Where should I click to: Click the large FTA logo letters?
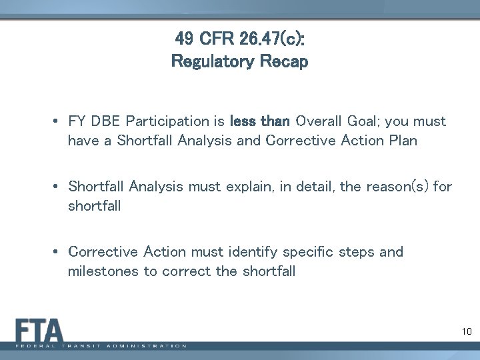pyautogui.click(x=40, y=331)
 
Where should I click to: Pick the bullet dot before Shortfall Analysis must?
pyautogui.click(x=58, y=188)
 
